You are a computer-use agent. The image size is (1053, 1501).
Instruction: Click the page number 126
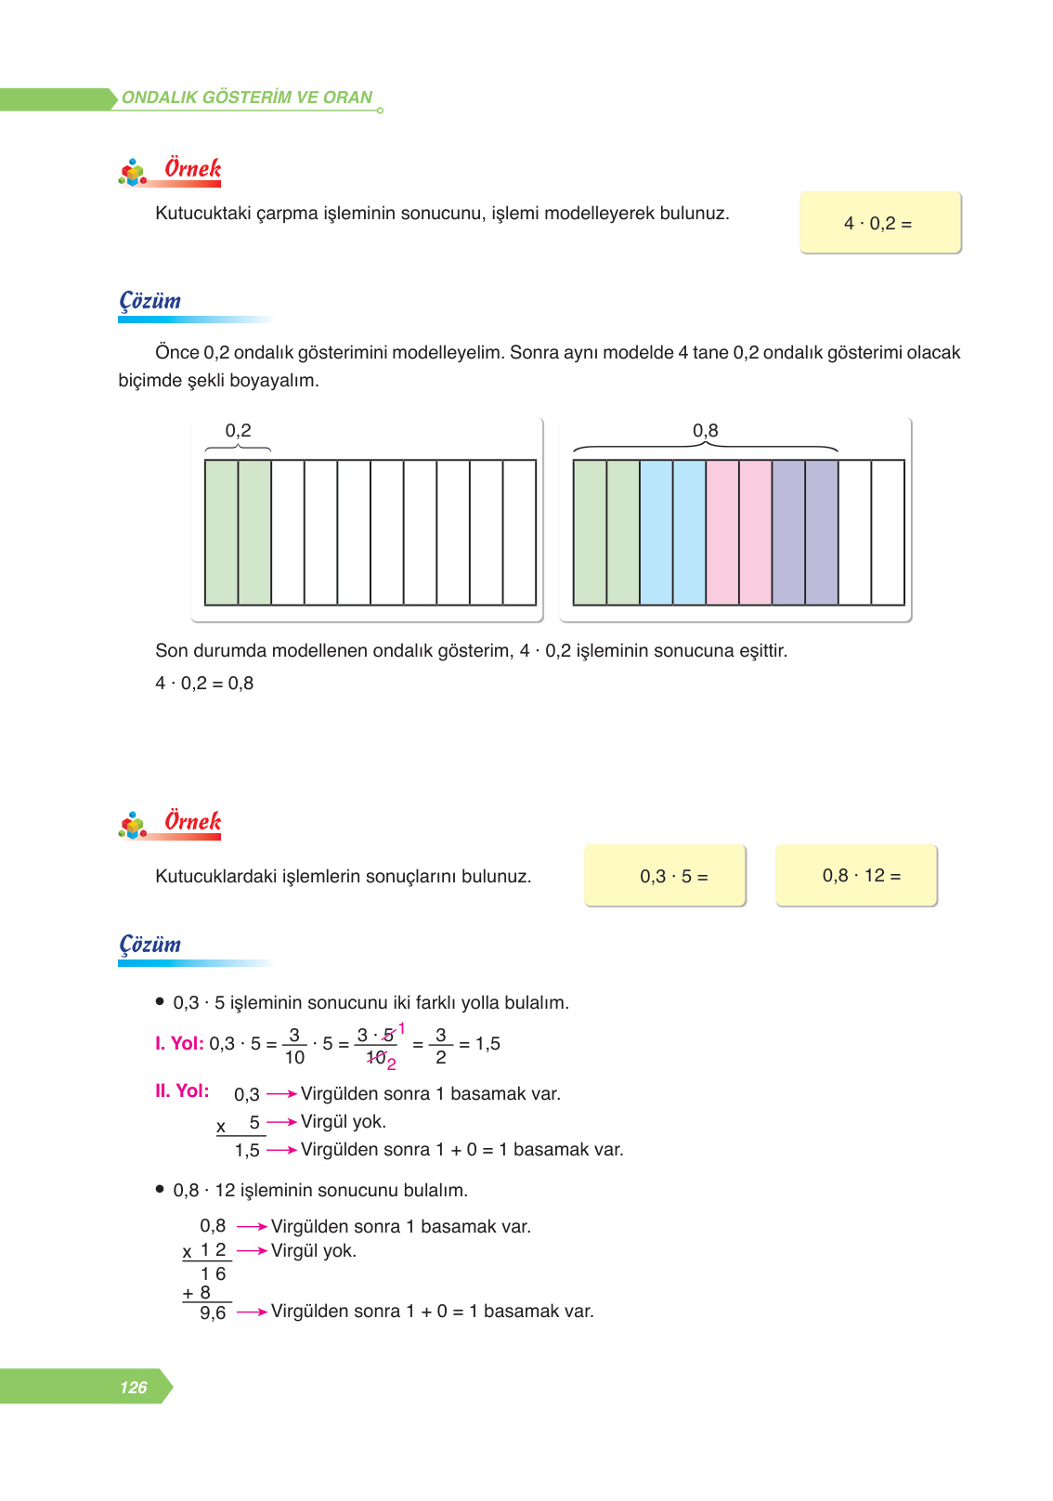tap(134, 1387)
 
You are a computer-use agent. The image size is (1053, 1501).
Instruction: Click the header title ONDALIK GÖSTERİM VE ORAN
tap(247, 98)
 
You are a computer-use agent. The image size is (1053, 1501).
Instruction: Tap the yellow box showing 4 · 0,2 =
tap(879, 223)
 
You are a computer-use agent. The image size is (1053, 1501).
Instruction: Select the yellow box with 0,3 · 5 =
tap(665, 876)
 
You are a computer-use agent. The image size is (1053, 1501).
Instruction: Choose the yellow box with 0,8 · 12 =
tap(856, 875)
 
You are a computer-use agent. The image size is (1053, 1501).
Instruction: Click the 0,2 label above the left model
tap(238, 431)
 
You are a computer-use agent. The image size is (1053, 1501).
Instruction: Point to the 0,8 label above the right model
tap(706, 431)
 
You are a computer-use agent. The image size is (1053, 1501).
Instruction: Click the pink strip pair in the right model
tap(739, 532)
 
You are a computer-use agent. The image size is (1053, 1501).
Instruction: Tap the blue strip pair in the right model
tap(673, 532)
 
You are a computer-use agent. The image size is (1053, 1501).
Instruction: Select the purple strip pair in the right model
tap(805, 532)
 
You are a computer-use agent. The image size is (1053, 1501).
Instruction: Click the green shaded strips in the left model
tap(238, 532)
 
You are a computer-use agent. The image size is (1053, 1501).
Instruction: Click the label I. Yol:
tap(179, 1044)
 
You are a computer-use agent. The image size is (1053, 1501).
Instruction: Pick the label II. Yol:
tap(182, 1091)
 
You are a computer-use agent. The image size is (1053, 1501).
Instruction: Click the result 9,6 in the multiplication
tap(213, 1313)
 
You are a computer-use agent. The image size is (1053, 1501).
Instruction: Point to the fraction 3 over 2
tap(440, 1046)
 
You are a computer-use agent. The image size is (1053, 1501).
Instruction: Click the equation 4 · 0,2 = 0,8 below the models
tap(204, 684)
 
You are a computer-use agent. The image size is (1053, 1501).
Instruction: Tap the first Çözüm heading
tap(149, 301)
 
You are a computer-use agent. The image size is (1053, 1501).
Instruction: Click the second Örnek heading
tap(192, 822)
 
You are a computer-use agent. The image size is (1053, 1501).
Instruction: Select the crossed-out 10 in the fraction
tap(376, 1057)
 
